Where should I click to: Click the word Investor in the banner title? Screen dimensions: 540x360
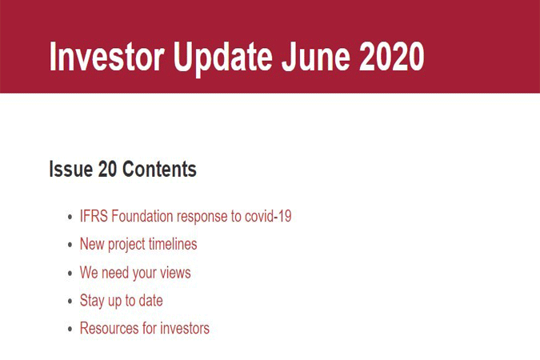[106, 56]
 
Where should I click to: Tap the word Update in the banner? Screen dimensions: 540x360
[223, 58]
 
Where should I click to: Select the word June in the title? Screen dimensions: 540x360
[316, 56]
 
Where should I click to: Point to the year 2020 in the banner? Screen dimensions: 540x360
[392, 56]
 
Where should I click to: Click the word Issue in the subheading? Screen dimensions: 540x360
[71, 169]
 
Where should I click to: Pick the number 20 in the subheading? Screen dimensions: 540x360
[107, 169]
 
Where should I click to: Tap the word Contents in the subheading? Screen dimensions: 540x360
[159, 169]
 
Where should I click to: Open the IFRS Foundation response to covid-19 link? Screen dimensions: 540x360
[186, 216]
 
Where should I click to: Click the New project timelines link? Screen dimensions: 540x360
[138, 245]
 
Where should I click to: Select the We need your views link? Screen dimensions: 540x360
[135, 273]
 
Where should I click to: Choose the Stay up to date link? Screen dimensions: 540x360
[122, 301]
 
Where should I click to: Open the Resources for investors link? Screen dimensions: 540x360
[145, 328]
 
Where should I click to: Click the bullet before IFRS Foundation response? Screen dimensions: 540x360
[70, 217]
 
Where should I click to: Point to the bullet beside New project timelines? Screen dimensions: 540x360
[70, 245]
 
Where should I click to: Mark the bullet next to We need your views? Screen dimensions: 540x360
[70, 273]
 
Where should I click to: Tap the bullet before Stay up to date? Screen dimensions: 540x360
[70, 301]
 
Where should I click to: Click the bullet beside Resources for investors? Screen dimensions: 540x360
[70, 329]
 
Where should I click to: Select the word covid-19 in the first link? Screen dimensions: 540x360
[268, 216]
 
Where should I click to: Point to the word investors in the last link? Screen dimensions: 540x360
[185, 328]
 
